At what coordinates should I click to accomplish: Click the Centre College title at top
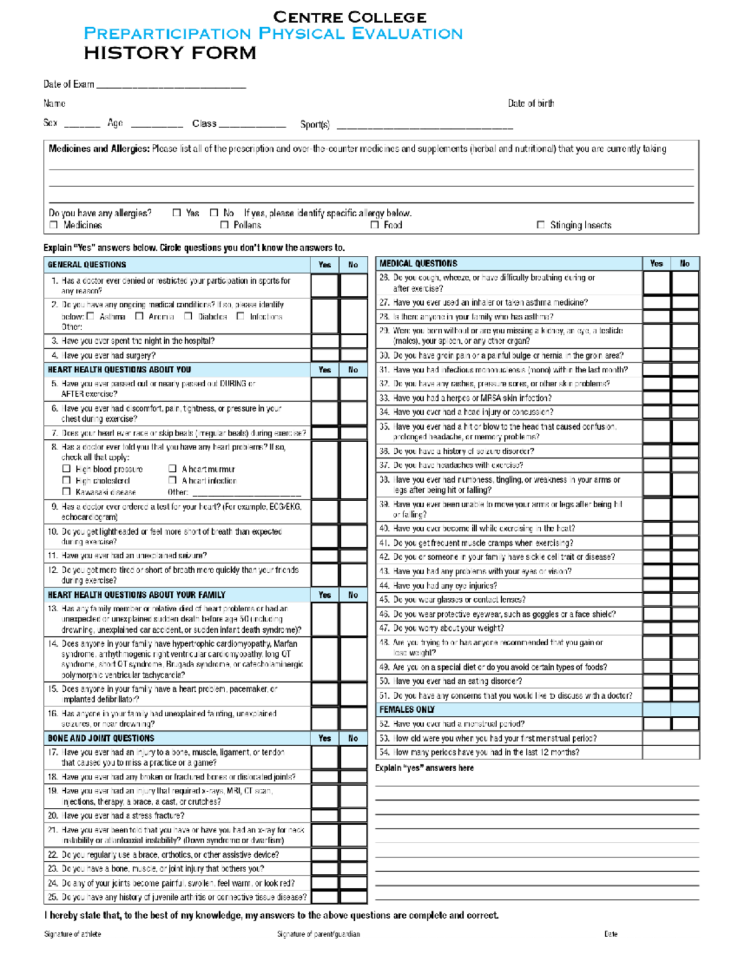tap(349, 17)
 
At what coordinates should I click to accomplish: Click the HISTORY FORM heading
tap(170, 53)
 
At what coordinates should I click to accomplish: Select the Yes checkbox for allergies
tap(177, 213)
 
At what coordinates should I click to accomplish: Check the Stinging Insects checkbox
tap(541, 225)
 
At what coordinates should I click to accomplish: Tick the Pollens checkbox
tap(224, 225)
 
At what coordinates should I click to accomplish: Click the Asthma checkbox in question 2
tap(90, 316)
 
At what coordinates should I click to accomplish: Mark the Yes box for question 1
tap(324, 285)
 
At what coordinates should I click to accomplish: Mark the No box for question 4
tap(353, 355)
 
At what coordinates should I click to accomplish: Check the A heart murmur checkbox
tap(173, 469)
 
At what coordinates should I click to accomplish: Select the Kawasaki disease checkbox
tap(66, 491)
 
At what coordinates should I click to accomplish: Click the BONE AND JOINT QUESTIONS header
tap(101, 738)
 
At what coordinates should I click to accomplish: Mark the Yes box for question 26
tap(656, 283)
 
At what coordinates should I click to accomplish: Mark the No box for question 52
tap(684, 724)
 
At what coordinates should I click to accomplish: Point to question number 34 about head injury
tap(384, 412)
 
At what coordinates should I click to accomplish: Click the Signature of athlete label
tap(73, 934)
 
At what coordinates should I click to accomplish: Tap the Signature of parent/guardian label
tap(319, 934)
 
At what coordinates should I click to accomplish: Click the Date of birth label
tap(531, 103)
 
